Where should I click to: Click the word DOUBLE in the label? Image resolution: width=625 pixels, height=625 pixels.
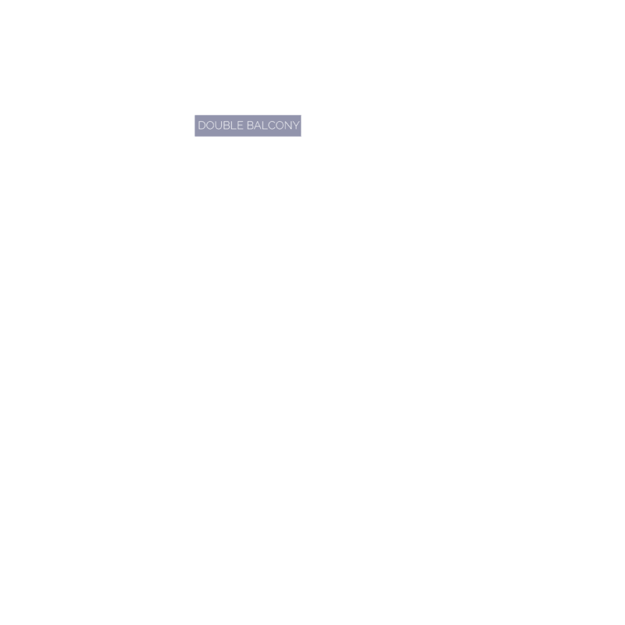(220, 126)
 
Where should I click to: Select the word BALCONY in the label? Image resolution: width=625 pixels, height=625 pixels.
(273, 126)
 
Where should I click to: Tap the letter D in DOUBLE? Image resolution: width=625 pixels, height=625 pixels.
(202, 126)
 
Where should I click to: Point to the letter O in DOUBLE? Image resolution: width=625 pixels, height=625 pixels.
(210, 126)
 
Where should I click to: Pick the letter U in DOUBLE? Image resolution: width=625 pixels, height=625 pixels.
(220, 126)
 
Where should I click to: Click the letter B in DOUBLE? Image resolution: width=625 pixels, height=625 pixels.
(227, 126)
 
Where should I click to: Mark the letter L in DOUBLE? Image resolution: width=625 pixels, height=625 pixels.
(234, 126)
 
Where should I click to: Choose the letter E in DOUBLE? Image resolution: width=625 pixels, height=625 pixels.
(240, 126)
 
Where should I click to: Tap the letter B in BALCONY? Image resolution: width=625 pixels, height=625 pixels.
(250, 126)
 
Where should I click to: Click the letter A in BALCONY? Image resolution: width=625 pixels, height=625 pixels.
(258, 126)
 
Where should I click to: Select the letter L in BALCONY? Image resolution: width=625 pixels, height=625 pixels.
(265, 126)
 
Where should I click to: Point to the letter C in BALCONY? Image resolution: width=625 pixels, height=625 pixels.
(271, 126)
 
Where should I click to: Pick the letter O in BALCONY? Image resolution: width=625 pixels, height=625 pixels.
(280, 126)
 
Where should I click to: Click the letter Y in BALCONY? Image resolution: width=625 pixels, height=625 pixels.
(296, 126)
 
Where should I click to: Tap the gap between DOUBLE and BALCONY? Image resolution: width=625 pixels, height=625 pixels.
(245, 126)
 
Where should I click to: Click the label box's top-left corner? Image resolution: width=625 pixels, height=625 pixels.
(195, 115)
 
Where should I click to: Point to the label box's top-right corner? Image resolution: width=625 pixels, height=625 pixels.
(301, 115)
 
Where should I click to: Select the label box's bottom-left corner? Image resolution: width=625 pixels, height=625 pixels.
(195, 136)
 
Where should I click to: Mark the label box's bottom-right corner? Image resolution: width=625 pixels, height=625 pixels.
(301, 136)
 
